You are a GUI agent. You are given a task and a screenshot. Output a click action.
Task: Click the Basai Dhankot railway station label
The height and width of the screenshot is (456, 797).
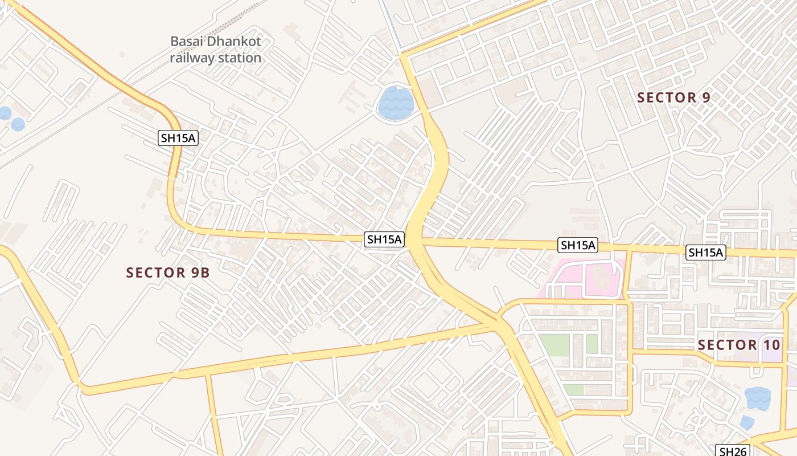[x=215, y=50]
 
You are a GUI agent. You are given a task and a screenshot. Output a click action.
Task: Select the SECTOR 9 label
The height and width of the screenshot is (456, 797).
[x=673, y=97]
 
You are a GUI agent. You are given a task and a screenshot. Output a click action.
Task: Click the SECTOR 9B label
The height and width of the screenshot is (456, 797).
[x=168, y=273]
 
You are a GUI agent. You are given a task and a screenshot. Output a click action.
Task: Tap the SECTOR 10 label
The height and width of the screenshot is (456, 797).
[x=739, y=345]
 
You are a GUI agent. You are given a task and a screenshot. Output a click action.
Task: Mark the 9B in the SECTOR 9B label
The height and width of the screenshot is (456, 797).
[x=200, y=273]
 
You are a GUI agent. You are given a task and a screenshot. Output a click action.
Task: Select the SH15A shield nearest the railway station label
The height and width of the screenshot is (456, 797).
[x=178, y=137]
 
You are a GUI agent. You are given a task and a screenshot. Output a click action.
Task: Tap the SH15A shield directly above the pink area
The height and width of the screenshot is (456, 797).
[x=578, y=245]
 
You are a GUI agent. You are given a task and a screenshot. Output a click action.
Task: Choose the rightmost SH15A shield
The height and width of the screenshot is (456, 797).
[x=706, y=252]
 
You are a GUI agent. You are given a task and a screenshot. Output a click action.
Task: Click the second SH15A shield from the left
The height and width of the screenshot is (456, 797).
[x=384, y=239]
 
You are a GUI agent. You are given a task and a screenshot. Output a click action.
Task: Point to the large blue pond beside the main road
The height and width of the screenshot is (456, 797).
[x=396, y=103]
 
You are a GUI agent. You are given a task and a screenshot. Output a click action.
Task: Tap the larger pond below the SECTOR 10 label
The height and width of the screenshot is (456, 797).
[x=758, y=398]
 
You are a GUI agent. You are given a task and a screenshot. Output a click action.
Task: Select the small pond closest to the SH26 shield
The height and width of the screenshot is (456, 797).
[x=747, y=422]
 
